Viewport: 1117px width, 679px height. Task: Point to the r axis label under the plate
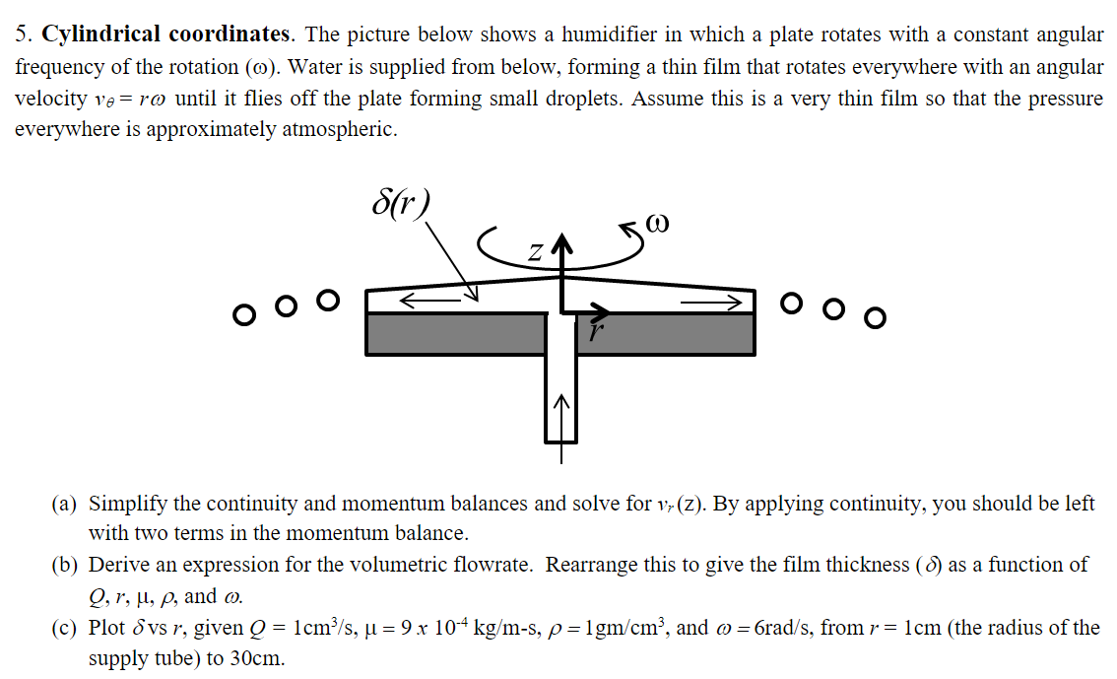[593, 332]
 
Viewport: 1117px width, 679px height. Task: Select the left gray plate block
[455, 334]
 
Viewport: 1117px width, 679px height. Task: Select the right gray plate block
[666, 334]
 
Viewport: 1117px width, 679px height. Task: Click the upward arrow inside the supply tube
[561, 414]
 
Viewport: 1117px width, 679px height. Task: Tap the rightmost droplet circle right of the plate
[875, 316]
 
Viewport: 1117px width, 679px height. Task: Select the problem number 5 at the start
[22, 35]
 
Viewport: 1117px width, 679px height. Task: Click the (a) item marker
[65, 504]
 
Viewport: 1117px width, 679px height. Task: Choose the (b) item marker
[65, 566]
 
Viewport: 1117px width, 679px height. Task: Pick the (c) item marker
[65, 628]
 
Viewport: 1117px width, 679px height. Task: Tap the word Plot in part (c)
[106, 628]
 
